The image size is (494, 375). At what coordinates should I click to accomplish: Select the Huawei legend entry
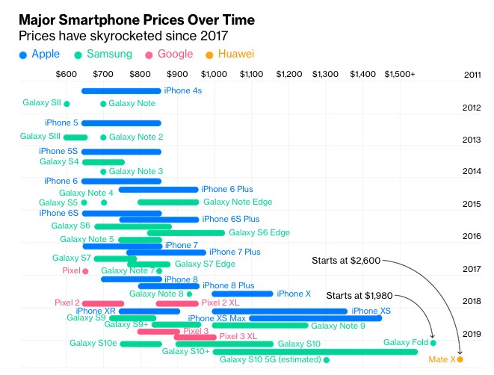(232, 55)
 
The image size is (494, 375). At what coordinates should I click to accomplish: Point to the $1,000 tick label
(214, 75)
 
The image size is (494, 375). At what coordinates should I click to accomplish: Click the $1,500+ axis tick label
(400, 75)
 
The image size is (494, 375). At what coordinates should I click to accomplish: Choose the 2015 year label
(472, 204)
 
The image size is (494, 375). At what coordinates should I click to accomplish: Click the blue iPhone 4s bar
(120, 91)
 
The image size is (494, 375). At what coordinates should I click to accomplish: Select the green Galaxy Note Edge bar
(168, 202)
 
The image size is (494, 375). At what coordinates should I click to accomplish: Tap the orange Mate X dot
(460, 359)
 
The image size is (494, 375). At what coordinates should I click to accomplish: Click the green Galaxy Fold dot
(433, 343)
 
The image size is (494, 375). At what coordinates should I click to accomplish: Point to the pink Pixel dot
(85, 271)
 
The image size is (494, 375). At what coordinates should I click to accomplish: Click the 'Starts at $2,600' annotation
(346, 261)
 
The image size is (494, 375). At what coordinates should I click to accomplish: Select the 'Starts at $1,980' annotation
(358, 295)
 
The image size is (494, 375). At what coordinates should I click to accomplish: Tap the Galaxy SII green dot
(67, 104)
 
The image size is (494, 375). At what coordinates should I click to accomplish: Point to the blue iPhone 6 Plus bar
(158, 190)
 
